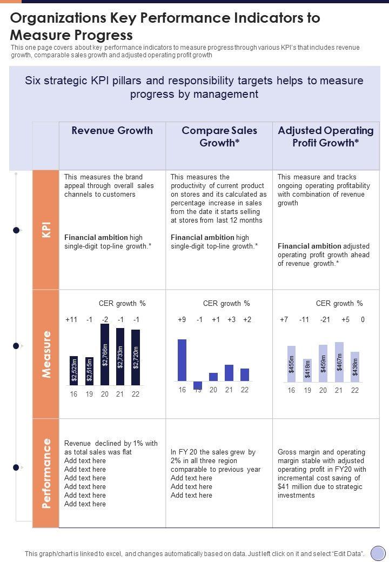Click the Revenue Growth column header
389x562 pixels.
point(112,131)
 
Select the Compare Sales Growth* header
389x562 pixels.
point(219,137)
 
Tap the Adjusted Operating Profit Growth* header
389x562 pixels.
point(325,137)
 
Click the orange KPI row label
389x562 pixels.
point(46,230)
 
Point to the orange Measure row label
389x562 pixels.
point(46,354)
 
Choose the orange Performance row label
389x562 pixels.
point(46,473)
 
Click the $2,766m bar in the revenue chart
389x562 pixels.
point(105,353)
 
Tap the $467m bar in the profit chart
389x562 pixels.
point(339,362)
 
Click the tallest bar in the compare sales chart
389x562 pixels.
point(182,360)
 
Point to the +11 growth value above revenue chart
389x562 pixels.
point(71,319)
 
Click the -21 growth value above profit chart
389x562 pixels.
point(325,319)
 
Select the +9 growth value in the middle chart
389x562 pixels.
point(182,319)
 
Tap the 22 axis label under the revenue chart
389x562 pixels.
point(136,394)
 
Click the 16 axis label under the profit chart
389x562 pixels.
point(291,390)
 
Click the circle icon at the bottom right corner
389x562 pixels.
point(377,553)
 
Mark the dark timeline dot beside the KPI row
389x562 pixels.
point(16,231)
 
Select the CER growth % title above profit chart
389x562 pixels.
point(339,304)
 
